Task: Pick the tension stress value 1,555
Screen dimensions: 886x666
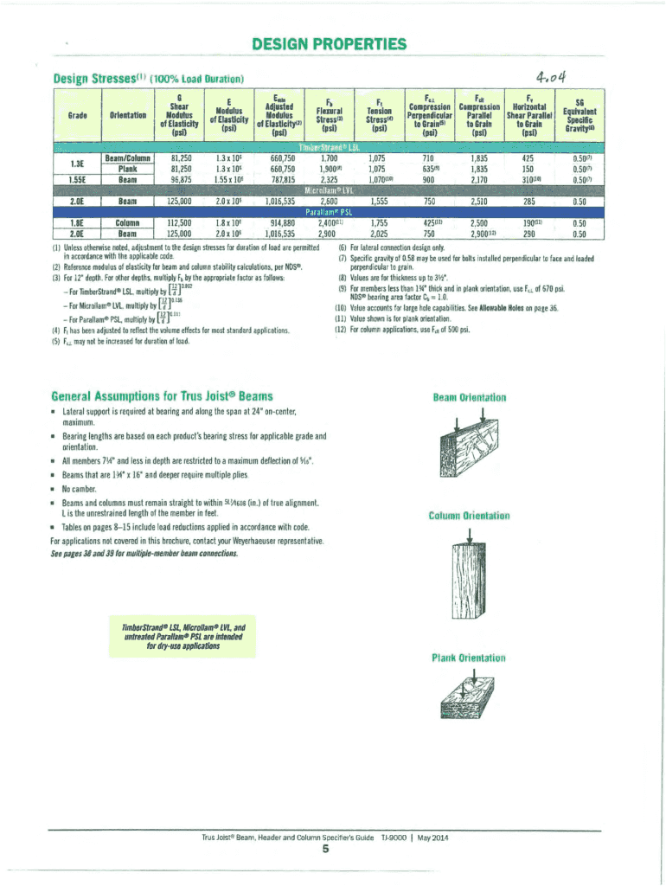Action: pos(378,200)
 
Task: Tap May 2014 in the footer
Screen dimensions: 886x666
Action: pos(430,838)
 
